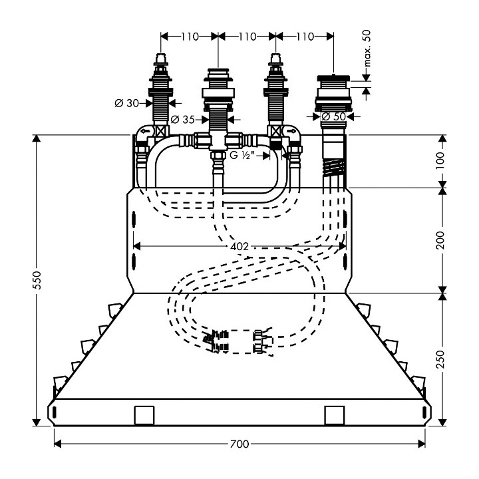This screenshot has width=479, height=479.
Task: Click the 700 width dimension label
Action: click(239, 443)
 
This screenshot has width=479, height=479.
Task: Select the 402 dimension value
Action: click(239, 246)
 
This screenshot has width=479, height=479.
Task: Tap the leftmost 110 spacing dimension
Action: click(190, 37)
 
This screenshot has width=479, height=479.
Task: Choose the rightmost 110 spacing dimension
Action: click(303, 37)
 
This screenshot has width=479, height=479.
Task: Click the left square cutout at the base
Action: click(144, 415)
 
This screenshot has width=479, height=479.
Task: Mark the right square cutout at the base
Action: click(334, 415)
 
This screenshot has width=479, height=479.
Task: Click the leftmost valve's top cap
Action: click(160, 60)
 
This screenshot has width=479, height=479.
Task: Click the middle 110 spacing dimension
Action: click(246, 37)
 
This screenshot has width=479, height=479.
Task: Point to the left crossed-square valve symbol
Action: click(160, 132)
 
